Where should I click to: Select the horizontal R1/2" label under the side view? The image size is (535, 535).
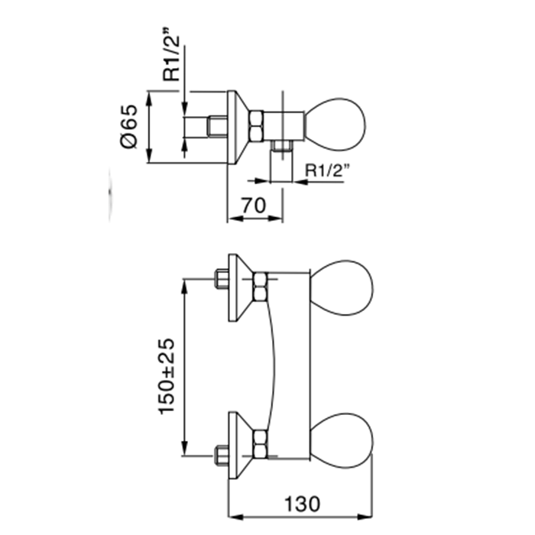pos(326,170)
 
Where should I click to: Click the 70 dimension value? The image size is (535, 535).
pos(255,206)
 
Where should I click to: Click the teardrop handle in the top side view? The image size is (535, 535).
pos(336,122)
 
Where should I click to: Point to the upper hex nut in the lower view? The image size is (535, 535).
pos(260,285)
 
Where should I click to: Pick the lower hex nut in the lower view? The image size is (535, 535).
pos(260,440)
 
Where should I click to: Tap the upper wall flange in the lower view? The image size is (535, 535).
pos(238,287)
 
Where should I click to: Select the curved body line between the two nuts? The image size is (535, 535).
pos(273,363)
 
